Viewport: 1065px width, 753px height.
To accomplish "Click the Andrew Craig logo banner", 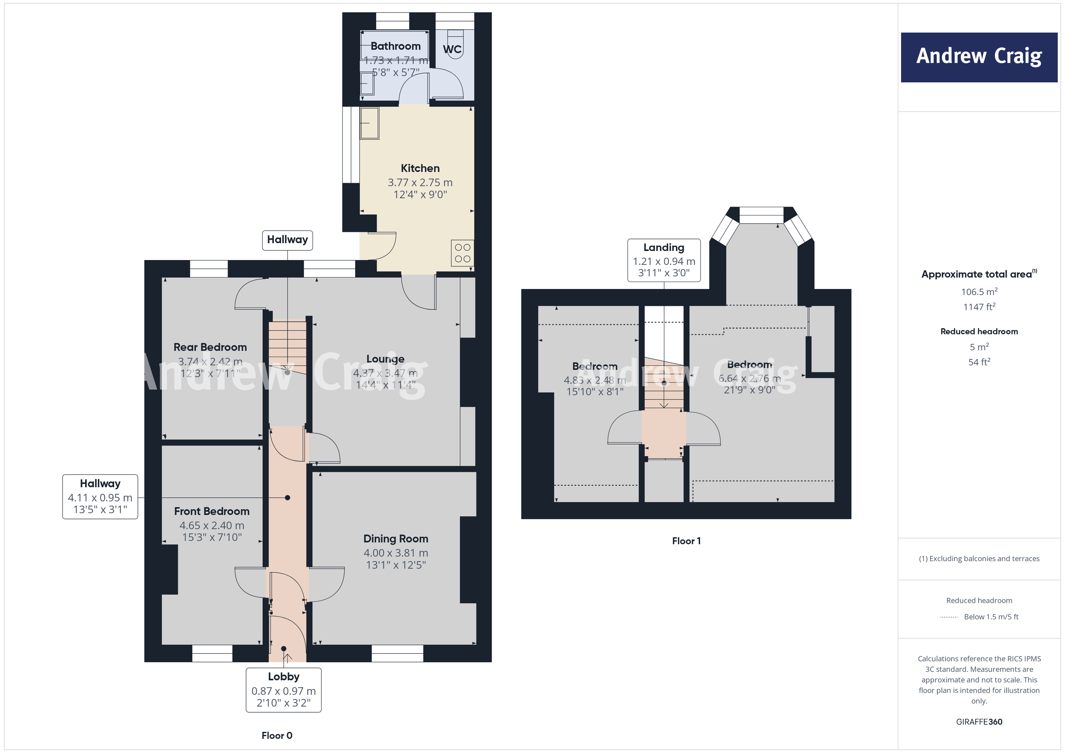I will [979, 57].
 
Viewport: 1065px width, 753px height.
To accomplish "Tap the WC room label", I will [452, 49].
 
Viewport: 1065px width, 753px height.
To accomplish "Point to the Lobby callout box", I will [283, 689].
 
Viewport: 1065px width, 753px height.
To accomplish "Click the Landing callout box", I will [664, 260].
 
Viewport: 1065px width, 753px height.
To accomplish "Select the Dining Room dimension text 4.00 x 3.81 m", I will [396, 553].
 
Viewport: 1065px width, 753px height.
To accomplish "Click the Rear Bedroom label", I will [210, 347].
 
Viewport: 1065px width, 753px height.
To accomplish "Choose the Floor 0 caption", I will [277, 735].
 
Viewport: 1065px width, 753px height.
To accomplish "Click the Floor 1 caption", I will [686, 541].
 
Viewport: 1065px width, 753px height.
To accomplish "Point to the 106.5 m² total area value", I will [979, 292].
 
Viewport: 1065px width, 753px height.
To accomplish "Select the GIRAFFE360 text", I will [979, 721].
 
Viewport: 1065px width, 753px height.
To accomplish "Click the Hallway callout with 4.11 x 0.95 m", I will [100, 497].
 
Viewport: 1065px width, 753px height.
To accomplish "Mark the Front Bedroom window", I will [212, 653].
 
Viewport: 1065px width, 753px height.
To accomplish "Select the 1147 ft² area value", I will [979, 306].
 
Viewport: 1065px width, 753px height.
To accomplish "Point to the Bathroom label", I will [395, 46].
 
